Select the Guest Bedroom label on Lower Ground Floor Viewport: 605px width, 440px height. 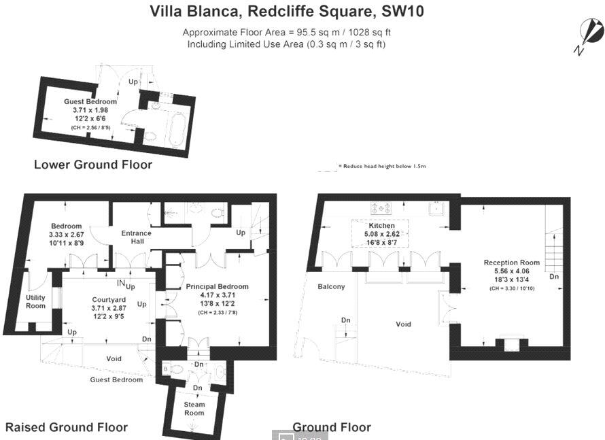(86, 101)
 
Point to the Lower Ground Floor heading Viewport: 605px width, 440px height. (93, 165)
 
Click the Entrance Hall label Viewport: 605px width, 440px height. (136, 238)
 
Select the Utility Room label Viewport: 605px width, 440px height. (36, 301)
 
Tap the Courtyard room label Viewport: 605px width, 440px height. (107, 299)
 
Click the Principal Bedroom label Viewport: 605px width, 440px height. (218, 286)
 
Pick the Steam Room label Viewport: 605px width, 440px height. (194, 409)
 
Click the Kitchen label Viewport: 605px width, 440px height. (381, 225)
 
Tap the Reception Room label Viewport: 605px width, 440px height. (511, 263)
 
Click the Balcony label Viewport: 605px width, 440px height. (331, 286)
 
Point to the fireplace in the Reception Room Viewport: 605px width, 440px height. (510, 344)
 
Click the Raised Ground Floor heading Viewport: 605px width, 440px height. (67, 427)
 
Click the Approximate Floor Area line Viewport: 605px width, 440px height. (287, 32)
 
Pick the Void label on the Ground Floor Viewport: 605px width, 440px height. (403, 324)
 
